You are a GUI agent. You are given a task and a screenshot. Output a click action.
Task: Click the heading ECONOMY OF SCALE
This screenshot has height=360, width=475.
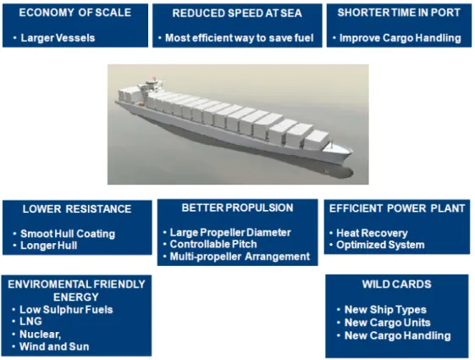tap(75, 13)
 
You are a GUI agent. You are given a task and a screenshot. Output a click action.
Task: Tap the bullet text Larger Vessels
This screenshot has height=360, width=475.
tap(58, 38)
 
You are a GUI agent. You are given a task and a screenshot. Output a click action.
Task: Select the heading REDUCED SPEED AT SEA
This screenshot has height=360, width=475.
tap(237, 13)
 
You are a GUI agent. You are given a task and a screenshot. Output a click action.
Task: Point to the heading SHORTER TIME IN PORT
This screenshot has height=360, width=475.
tap(399, 13)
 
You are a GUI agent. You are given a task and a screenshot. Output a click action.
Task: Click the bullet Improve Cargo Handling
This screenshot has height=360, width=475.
tap(400, 38)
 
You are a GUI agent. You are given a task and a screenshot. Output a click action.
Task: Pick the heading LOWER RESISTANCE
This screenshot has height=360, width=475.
tap(77, 209)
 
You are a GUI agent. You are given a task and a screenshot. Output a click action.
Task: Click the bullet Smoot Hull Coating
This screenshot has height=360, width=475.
tap(68, 234)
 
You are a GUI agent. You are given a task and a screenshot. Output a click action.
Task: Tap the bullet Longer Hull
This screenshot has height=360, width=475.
tap(49, 246)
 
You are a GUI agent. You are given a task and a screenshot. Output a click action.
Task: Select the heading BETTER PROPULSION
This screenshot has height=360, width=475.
tap(237, 208)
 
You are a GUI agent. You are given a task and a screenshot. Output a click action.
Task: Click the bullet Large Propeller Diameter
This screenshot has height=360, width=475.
tap(230, 232)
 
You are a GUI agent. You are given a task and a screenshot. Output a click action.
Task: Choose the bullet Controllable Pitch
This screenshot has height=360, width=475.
tap(213, 244)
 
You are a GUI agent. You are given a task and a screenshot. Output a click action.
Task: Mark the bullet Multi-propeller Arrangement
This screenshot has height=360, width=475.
tap(240, 257)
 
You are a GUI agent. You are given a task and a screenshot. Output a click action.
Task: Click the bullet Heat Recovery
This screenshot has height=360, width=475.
tap(372, 233)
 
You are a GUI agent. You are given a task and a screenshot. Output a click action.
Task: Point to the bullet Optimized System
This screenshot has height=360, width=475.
tap(380, 245)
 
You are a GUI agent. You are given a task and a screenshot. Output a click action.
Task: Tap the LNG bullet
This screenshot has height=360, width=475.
tap(30, 321)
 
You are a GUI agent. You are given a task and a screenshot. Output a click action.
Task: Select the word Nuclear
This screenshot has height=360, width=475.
tap(41, 335)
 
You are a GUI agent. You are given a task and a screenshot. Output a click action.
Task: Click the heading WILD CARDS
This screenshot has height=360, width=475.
tap(397, 285)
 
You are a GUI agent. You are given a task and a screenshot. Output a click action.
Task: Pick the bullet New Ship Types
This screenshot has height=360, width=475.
tap(385, 310)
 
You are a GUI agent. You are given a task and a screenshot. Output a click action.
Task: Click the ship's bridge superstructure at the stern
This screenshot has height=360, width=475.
tap(151, 85)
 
